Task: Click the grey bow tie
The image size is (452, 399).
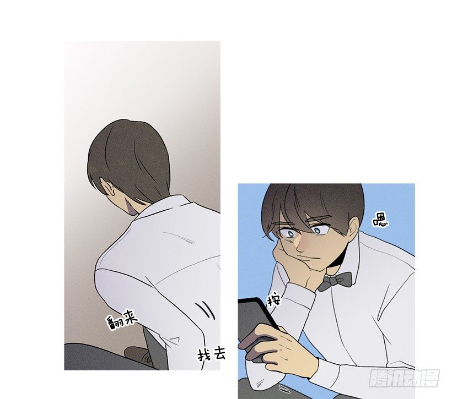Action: click(335, 280)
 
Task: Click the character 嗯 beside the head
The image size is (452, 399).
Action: click(380, 221)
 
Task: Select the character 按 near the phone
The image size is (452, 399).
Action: click(273, 300)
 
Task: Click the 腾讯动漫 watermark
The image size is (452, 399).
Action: click(404, 378)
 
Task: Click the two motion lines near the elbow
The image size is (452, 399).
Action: click(206, 310)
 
